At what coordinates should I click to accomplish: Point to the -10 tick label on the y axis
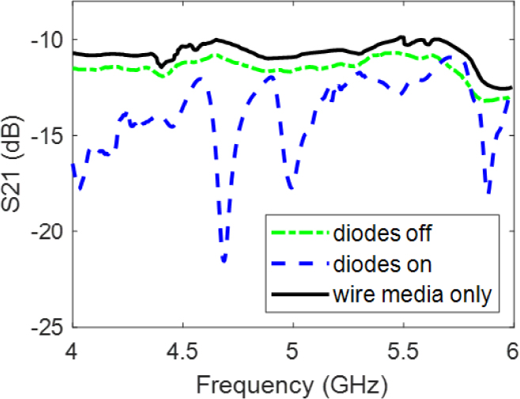pyautogui.click(x=49, y=40)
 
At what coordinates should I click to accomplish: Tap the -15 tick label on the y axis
pyautogui.click(x=49, y=135)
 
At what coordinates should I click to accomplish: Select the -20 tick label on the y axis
pyautogui.click(x=49, y=232)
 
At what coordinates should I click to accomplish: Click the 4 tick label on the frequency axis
pyautogui.click(x=73, y=349)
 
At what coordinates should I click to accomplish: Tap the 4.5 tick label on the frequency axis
pyautogui.click(x=183, y=349)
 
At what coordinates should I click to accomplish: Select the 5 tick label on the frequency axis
pyautogui.click(x=293, y=349)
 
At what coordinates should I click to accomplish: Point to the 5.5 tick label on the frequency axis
pyautogui.click(x=403, y=349)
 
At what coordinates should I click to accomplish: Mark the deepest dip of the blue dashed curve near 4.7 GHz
pyautogui.click(x=225, y=260)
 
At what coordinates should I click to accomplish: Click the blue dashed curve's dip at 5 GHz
pyautogui.click(x=292, y=188)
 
